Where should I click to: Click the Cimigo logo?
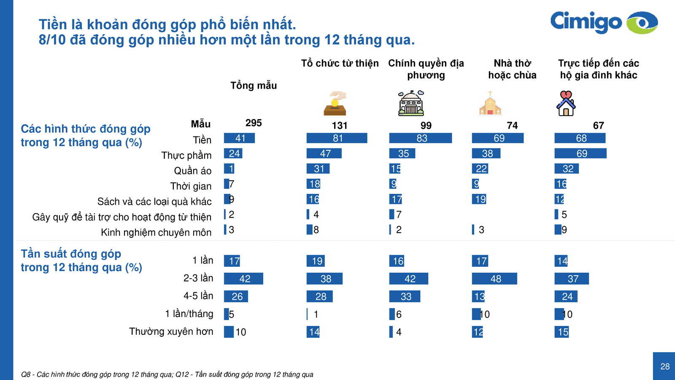[x=603, y=22]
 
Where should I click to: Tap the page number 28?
[x=665, y=366]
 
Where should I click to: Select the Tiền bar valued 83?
[x=420, y=138]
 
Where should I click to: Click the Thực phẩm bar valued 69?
[x=580, y=153]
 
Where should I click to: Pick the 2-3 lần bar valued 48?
[x=494, y=279]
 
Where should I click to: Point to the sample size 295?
[x=254, y=123]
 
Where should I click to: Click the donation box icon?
[x=335, y=103]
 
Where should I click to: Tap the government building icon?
[x=411, y=103]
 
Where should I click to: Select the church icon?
[x=490, y=103]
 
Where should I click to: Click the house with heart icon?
[x=566, y=103]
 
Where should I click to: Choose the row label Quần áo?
[x=193, y=171]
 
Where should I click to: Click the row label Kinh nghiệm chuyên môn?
[x=156, y=232]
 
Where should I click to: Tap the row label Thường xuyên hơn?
[x=171, y=331]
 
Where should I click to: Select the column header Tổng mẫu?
[x=254, y=86]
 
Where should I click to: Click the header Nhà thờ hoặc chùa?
[x=512, y=69]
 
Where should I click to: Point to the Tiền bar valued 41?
[x=239, y=138]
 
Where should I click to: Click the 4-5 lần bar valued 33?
[x=405, y=296]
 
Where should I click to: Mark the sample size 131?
[x=340, y=125]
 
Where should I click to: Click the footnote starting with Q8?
[x=167, y=375]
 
